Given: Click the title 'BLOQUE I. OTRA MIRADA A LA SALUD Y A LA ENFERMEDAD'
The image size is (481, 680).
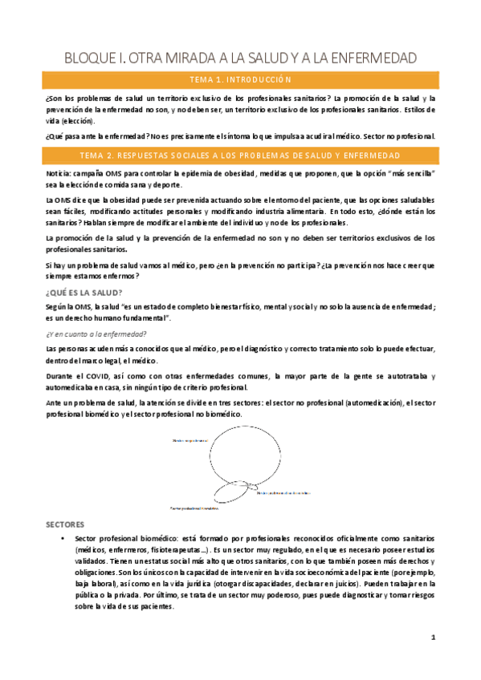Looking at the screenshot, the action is click(x=240, y=58).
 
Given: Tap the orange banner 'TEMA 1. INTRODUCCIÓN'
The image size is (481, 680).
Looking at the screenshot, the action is click(x=240, y=80).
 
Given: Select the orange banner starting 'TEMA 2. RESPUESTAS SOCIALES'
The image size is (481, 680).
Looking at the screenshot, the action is click(x=240, y=154).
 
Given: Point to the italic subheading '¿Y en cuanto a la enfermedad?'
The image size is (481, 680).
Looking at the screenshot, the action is click(x=96, y=334).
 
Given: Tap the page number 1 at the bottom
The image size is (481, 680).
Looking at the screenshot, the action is click(x=432, y=638).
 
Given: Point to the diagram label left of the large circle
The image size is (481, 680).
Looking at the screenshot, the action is click(x=190, y=442).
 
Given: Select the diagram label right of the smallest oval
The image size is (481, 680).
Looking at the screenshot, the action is click(x=283, y=494).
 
